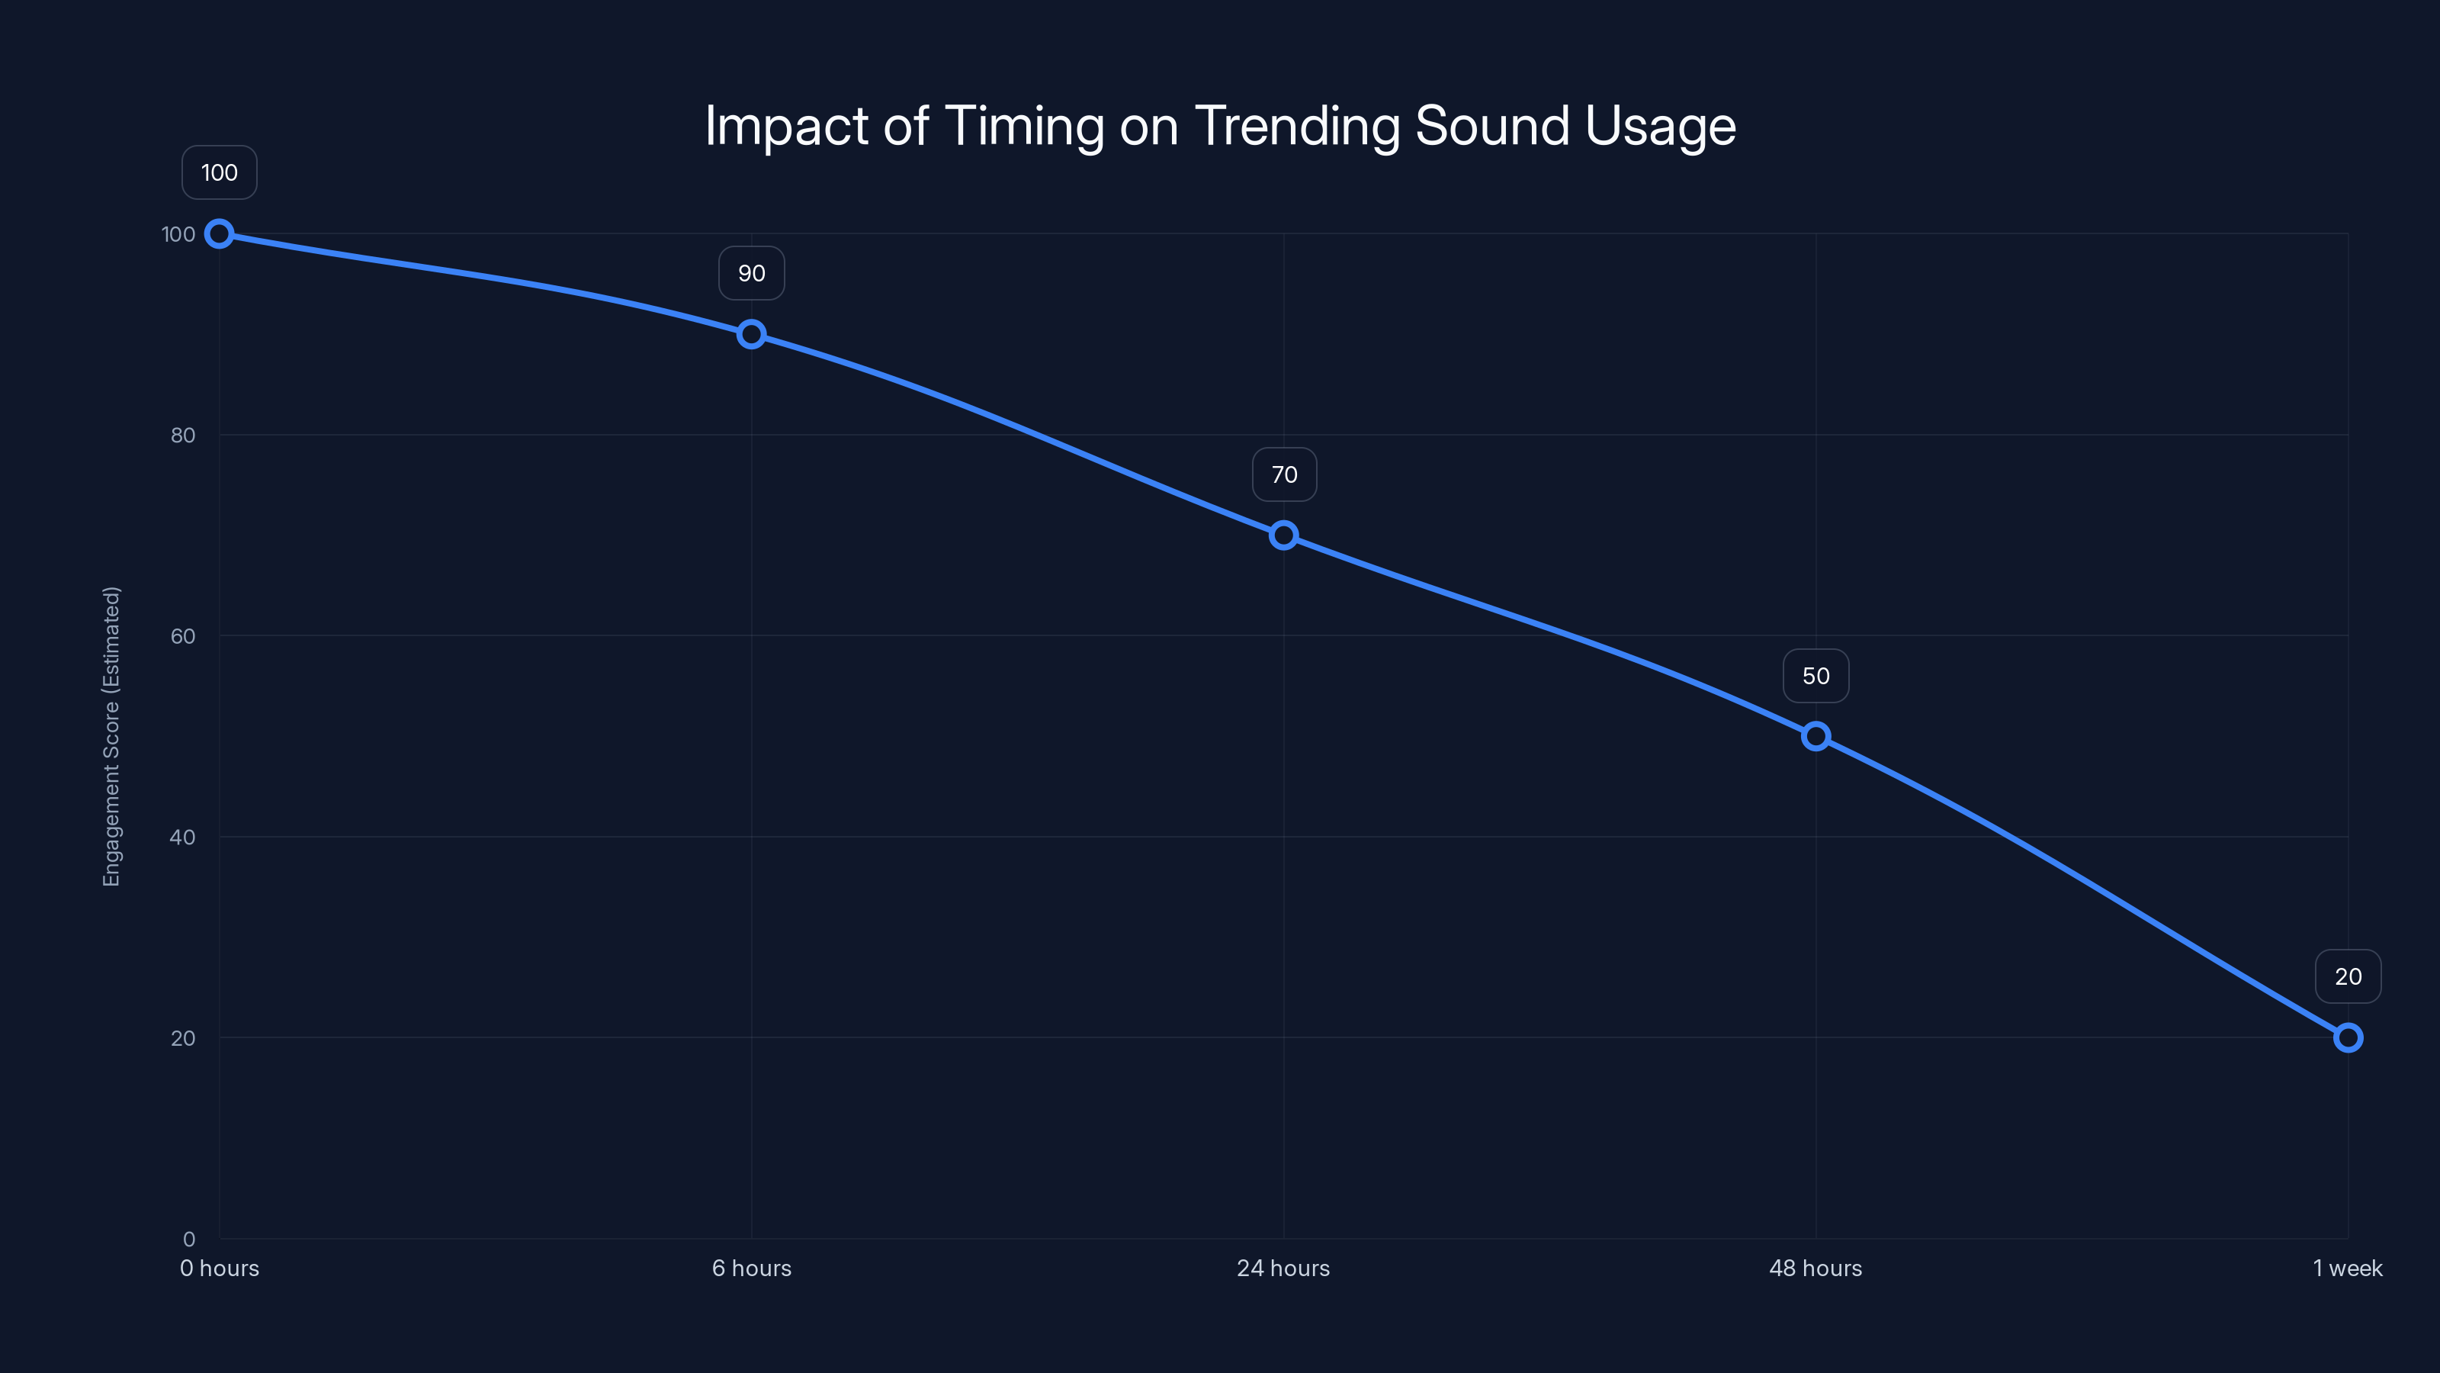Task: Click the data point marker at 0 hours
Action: (x=219, y=233)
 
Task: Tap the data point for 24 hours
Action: (x=1283, y=535)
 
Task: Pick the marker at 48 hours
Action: (x=1816, y=736)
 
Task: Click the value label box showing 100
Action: (x=219, y=172)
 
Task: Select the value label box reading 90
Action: (x=751, y=273)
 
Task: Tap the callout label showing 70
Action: (x=1283, y=474)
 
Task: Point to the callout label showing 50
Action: (x=1816, y=676)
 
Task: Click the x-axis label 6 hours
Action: (x=751, y=1268)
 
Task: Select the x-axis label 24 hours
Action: (x=1283, y=1268)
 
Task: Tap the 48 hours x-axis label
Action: (x=1816, y=1268)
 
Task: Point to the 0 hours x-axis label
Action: (x=219, y=1268)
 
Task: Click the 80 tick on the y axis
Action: (x=183, y=435)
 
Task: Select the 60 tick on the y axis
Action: (x=183, y=636)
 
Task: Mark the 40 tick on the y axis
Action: (x=183, y=837)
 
